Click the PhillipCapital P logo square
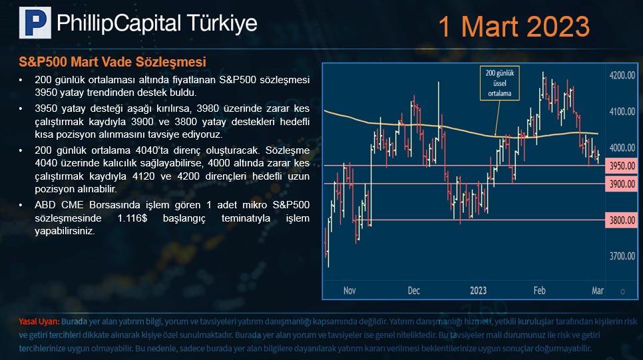pos(35,23)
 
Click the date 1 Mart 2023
pos(514,27)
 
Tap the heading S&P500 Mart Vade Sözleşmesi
pos(112,62)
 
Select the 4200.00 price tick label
pos(622,75)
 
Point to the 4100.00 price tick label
pos(622,112)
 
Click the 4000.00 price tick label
pos(622,148)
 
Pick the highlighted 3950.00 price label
pos(621,166)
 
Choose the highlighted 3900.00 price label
pos(621,184)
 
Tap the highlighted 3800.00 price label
pos(621,220)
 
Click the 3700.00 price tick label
pos(622,256)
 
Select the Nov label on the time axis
pos(349,291)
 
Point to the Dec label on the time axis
pos(414,291)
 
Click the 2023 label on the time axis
pos(478,291)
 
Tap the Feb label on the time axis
pos(539,291)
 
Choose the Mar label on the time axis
pos(598,291)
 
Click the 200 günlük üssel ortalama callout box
pos(499,83)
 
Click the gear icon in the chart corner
pos(622,291)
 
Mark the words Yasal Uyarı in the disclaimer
pos(39,321)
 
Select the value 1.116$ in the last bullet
pos(132,218)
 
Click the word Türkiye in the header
pos(222,23)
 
